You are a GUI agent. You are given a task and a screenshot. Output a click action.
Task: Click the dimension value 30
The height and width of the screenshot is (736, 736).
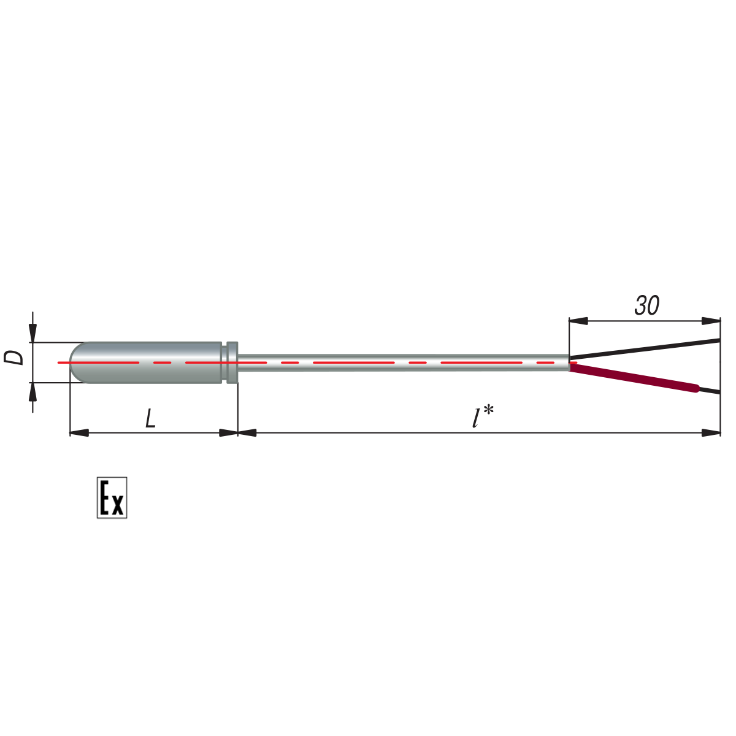click(646, 305)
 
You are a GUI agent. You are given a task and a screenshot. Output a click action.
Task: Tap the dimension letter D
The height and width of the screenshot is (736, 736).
click(13, 358)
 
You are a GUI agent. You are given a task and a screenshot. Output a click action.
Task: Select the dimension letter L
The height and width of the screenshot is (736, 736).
click(150, 418)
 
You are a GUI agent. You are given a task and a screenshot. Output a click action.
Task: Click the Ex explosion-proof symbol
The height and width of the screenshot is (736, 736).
click(112, 498)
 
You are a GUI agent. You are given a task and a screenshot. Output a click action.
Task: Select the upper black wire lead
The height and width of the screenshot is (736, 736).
click(645, 349)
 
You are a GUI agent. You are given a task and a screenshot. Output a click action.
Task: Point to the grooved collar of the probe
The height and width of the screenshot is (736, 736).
click(232, 362)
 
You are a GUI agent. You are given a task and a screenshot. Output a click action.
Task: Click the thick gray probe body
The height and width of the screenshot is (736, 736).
click(145, 362)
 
